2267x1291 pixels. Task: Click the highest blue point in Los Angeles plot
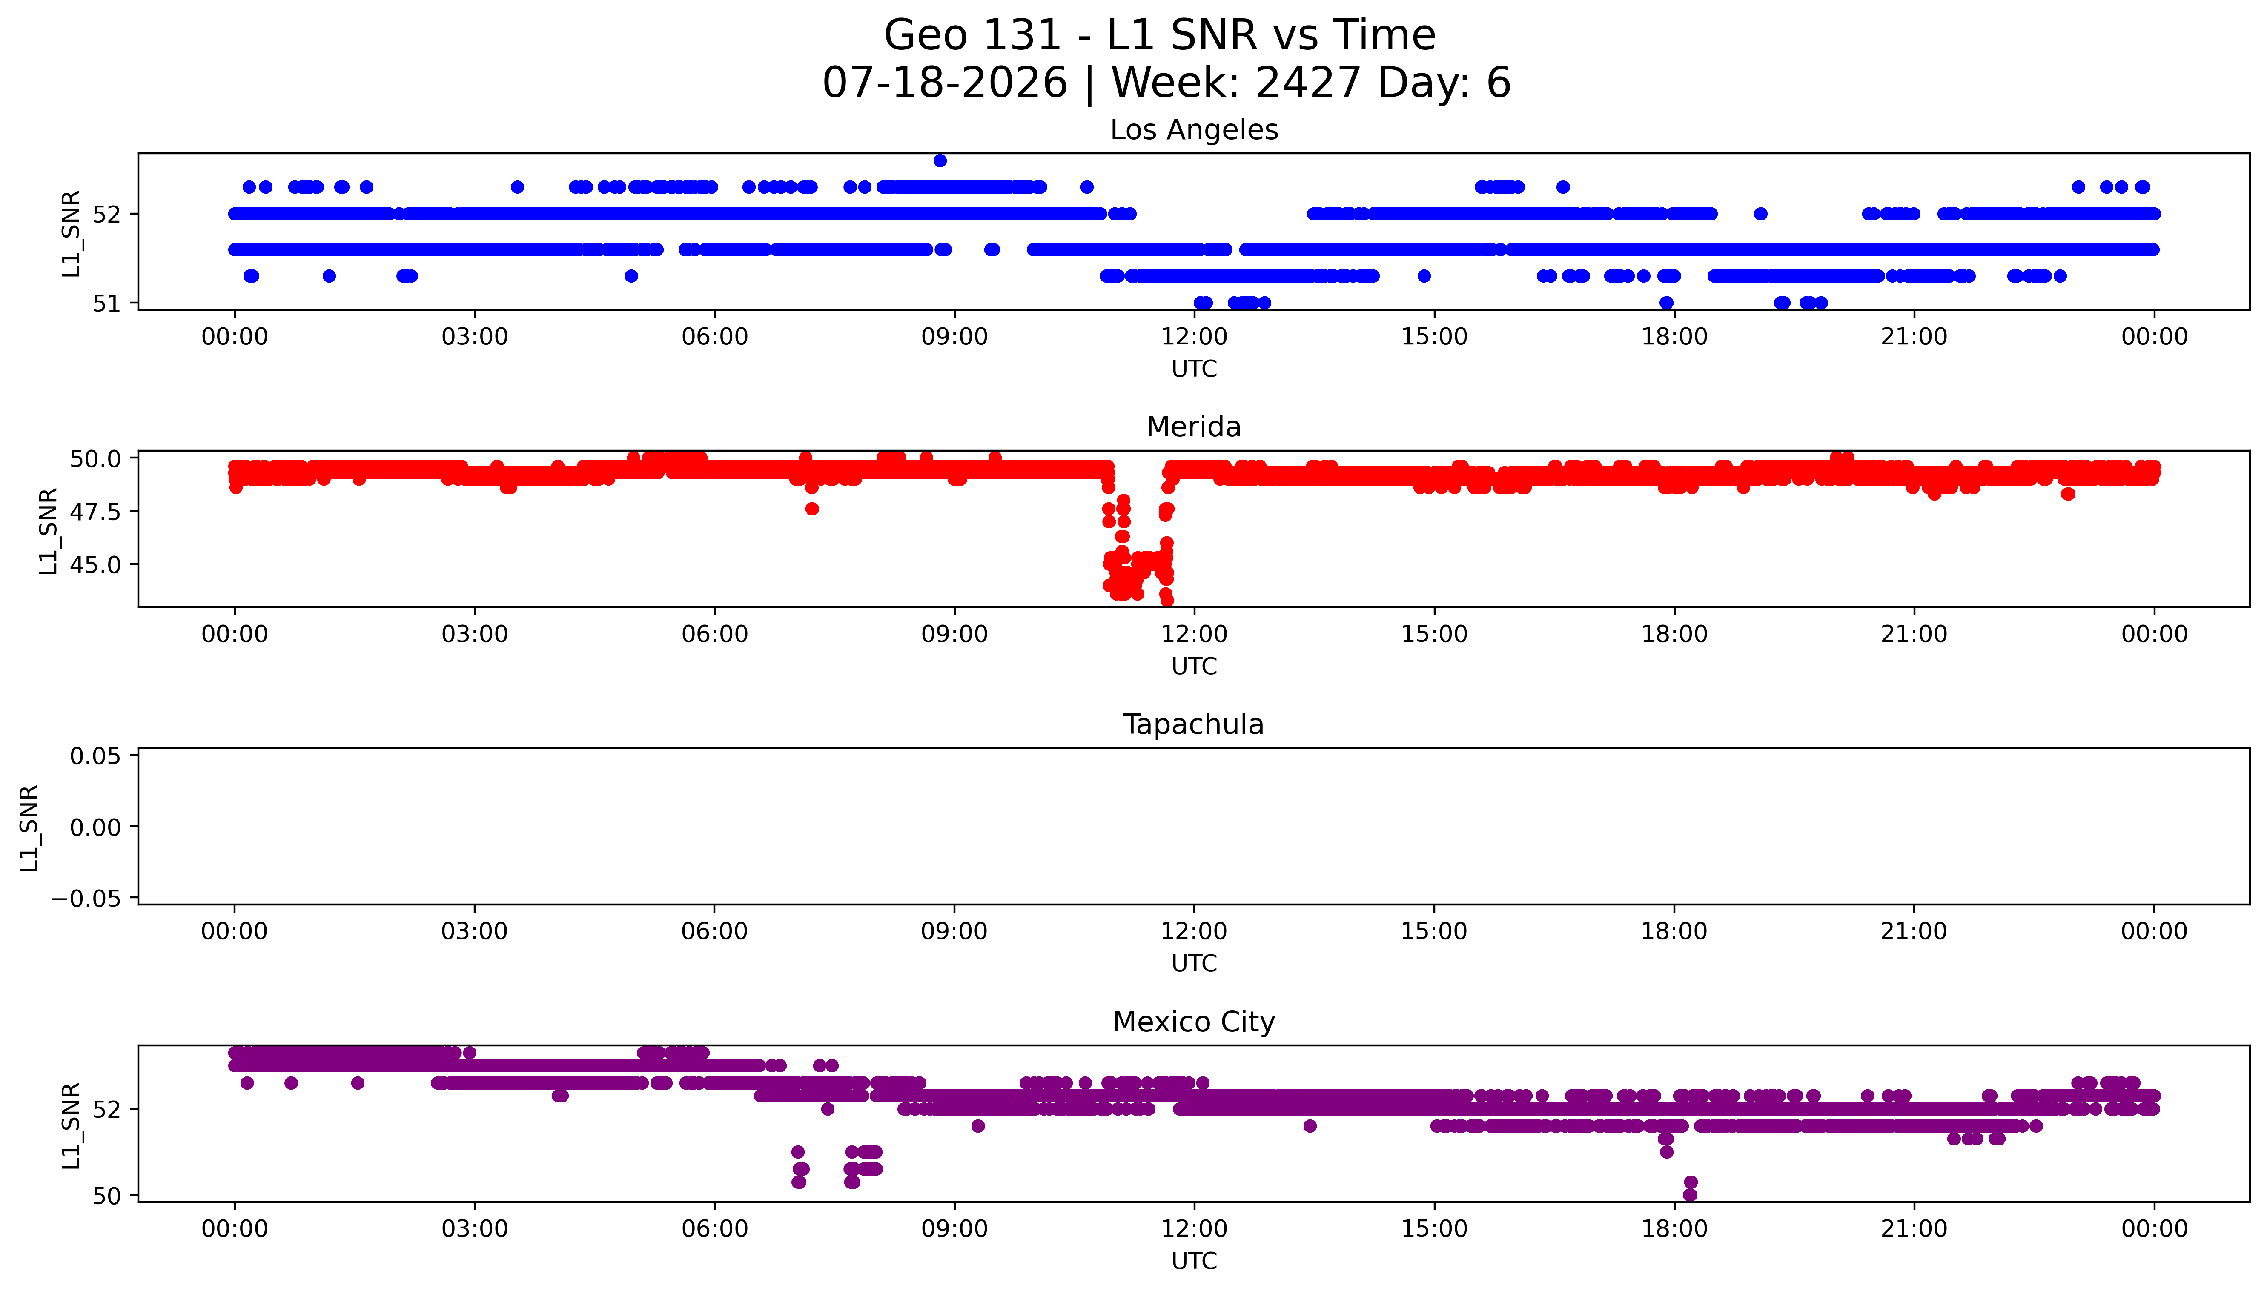click(x=940, y=160)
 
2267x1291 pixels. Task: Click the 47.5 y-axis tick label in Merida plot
click(x=96, y=512)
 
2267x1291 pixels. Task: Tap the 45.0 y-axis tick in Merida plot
click(x=96, y=565)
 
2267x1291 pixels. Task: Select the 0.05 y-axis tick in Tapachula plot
click(x=96, y=756)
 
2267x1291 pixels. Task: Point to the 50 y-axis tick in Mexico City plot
click(x=106, y=1196)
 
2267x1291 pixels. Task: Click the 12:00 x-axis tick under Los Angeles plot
click(x=1194, y=337)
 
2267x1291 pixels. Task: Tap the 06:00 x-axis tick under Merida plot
click(x=715, y=634)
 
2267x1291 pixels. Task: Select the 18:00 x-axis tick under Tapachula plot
click(x=1674, y=932)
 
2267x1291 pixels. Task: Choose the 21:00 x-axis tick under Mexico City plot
click(x=1914, y=1229)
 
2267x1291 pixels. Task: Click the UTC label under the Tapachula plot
click(x=1194, y=964)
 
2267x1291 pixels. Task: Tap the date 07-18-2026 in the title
click(x=945, y=83)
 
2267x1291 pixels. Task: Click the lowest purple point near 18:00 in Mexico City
click(x=1690, y=1195)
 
